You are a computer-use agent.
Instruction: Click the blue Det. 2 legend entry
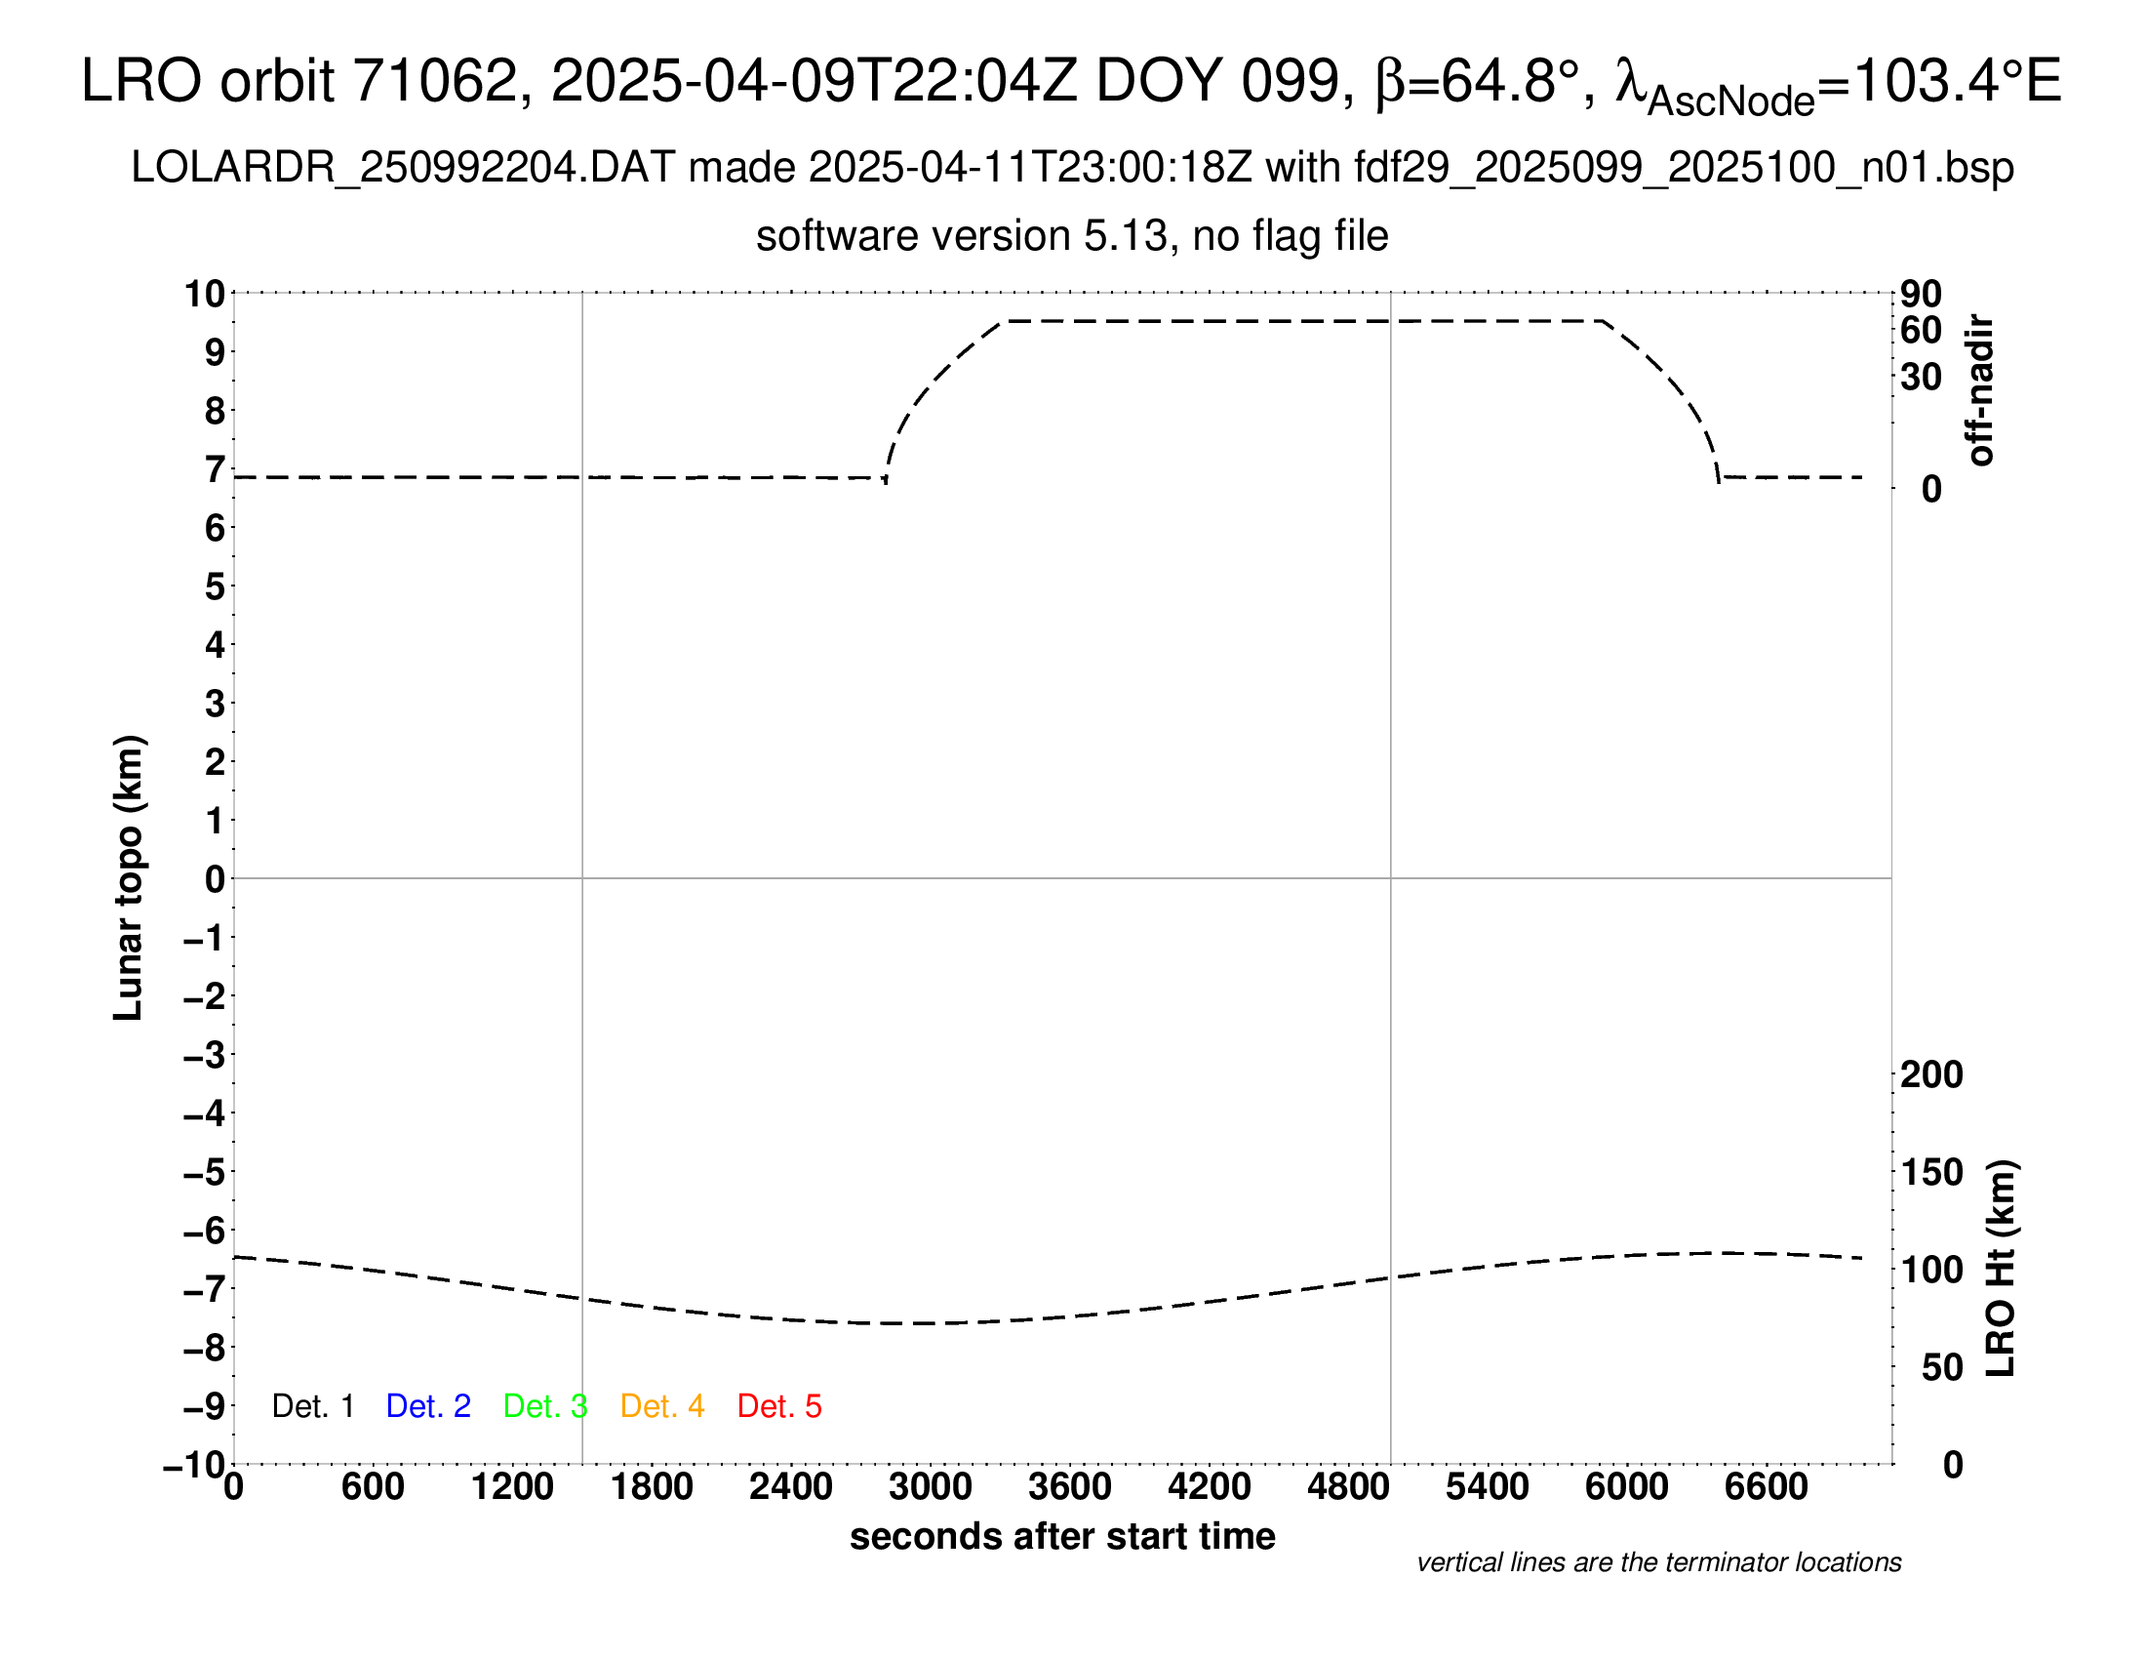click(428, 1406)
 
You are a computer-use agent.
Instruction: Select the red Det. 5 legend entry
click(779, 1406)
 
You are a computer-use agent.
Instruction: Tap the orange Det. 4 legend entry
click(662, 1406)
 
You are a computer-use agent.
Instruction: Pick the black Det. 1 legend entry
click(312, 1406)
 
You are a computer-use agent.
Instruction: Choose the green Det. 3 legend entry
click(545, 1406)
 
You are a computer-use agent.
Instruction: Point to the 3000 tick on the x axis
click(931, 1487)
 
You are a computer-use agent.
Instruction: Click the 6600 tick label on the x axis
click(1766, 1487)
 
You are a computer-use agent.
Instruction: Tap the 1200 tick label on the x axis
click(512, 1487)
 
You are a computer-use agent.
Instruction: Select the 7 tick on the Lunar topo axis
click(216, 469)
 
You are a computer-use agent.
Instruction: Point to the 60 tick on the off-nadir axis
click(1921, 331)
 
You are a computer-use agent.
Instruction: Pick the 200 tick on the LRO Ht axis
click(1930, 1075)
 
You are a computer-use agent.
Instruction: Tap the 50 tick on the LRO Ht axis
click(1941, 1367)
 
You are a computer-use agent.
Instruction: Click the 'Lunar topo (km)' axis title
click(129, 877)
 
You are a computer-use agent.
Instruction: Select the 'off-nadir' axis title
click(1980, 390)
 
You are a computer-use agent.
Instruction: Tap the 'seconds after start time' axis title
click(1062, 1537)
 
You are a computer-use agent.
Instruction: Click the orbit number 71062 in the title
click(434, 81)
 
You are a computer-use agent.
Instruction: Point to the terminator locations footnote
click(1658, 1562)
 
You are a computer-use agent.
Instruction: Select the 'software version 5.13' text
click(963, 237)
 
